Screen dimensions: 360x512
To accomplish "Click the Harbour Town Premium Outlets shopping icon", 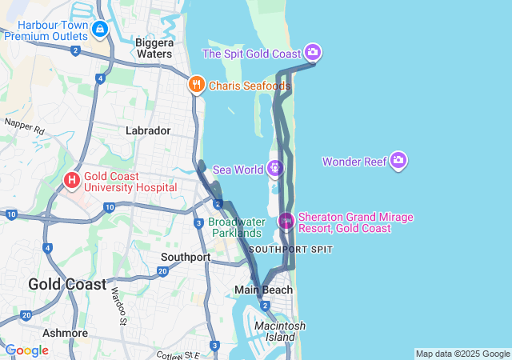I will point(99,30).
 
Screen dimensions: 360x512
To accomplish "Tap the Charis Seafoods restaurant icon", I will point(196,85).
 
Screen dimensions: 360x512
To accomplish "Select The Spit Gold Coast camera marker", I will point(313,53).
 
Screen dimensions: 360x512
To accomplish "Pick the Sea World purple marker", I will point(274,169).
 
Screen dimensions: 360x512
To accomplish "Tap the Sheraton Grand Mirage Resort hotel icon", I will point(286,220).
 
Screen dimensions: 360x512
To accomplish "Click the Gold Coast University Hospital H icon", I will point(72,180).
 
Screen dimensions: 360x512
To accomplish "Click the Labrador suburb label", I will point(148,130).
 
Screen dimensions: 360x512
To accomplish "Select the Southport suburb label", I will point(185,257).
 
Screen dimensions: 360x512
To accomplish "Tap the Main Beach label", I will point(263,289).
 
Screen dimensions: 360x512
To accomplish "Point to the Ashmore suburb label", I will point(66,332).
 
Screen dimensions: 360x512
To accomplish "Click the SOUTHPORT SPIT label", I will point(290,250).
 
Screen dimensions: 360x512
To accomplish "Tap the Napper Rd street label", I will point(24,126).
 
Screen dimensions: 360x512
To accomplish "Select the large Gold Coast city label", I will point(67,284).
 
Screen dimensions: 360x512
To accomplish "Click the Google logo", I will point(26,350).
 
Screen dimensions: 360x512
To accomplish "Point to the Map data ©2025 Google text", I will point(462,354).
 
